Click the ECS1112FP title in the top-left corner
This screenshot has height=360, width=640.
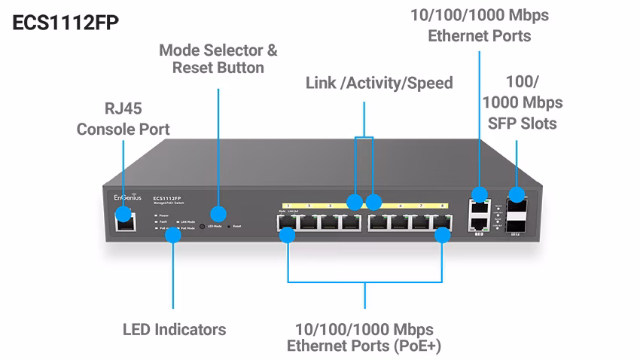(66, 23)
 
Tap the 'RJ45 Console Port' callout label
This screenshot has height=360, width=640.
(123, 118)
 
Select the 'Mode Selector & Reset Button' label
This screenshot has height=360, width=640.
(218, 59)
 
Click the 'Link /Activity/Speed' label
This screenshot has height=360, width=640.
(379, 83)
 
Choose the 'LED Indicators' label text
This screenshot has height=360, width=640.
(174, 329)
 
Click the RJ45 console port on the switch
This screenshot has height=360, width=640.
(125, 220)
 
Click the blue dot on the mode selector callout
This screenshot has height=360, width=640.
(218, 213)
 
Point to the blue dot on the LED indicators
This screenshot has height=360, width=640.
(173, 234)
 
